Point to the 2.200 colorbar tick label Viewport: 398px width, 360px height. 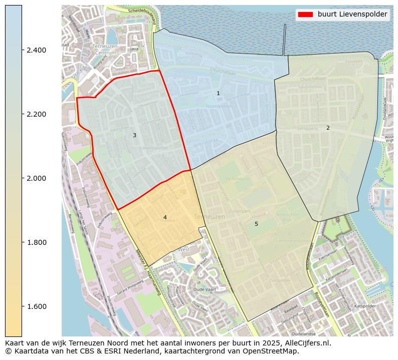click(36, 114)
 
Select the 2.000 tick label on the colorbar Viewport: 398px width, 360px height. click(36, 178)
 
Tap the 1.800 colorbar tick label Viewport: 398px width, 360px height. click(36, 242)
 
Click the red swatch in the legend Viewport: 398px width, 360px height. click(305, 15)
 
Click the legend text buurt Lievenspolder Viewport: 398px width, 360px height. click(352, 15)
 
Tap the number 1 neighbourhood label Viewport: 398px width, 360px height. click(218, 94)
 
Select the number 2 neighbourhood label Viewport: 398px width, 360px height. click(328, 128)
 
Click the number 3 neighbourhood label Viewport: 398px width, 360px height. click(134, 136)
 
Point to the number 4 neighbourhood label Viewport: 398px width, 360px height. click(165, 217)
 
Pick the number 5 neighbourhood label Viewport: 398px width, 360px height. click(256, 224)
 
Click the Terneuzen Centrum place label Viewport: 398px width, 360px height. click(105, 49)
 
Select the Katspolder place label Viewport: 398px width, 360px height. click(364, 305)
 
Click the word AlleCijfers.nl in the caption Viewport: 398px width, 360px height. click(306, 343)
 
